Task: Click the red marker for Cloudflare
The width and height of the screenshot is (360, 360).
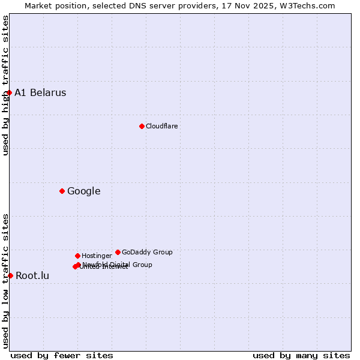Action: (x=142, y=126)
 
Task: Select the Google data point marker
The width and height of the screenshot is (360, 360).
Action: (x=62, y=191)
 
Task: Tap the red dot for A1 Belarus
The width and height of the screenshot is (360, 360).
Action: (x=9, y=92)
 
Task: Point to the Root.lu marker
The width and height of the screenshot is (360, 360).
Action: (x=10, y=275)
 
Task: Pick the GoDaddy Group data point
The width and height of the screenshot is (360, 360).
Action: (x=118, y=252)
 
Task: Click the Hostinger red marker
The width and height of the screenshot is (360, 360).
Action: (x=77, y=256)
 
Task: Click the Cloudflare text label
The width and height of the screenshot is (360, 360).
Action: (x=161, y=126)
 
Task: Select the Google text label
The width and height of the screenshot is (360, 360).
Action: (x=83, y=191)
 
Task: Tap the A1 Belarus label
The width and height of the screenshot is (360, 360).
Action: (x=40, y=92)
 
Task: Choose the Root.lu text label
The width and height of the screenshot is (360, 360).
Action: (x=32, y=276)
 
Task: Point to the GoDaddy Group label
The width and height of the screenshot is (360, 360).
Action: (x=147, y=252)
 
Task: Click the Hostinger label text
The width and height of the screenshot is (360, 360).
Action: (x=97, y=256)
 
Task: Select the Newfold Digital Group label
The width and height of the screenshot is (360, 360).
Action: (x=117, y=265)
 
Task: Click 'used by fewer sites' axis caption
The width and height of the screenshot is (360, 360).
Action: (x=62, y=355)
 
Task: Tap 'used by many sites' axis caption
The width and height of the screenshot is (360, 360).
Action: (x=301, y=355)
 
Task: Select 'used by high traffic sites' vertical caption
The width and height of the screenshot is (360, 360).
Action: (x=5, y=85)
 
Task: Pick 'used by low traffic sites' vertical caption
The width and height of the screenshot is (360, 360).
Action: (x=5, y=281)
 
